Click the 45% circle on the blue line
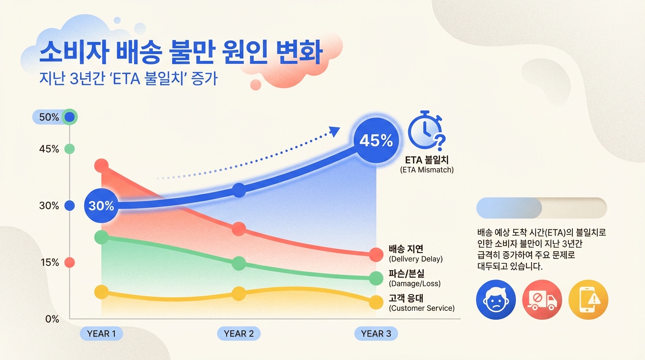(375, 140)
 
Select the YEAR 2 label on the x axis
(239, 334)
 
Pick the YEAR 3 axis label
(376, 334)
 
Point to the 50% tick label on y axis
(49, 117)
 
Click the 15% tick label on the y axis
(49, 262)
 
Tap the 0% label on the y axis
(52, 319)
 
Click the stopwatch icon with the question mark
(426, 130)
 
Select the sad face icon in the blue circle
(495, 300)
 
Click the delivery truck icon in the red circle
(542, 300)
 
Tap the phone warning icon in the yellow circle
(588, 300)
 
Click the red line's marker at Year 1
(102, 165)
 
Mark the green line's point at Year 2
(239, 263)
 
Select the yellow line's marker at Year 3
(376, 302)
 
